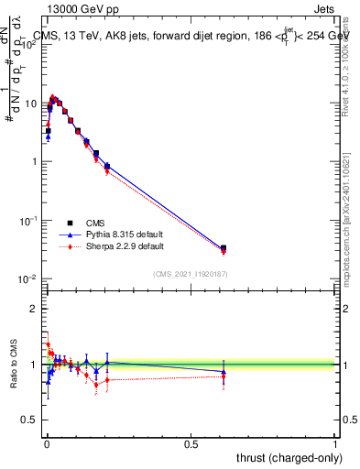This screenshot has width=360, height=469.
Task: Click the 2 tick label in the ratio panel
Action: pyautogui.click(x=33, y=309)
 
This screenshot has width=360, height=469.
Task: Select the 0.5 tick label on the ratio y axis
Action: pyautogui.click(x=27, y=422)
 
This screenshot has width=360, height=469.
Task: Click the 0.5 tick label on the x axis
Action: pyautogui.click(x=191, y=445)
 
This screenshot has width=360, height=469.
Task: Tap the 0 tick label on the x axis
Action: pyautogui.click(x=46, y=445)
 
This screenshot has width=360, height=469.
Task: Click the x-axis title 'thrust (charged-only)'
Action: pyautogui.click(x=287, y=458)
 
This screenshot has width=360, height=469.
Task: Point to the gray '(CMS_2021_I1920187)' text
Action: pyautogui.click(x=191, y=274)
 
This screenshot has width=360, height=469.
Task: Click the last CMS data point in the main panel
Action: pyautogui.click(x=224, y=248)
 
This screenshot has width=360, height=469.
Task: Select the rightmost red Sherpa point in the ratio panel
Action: pyautogui.click(x=224, y=376)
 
